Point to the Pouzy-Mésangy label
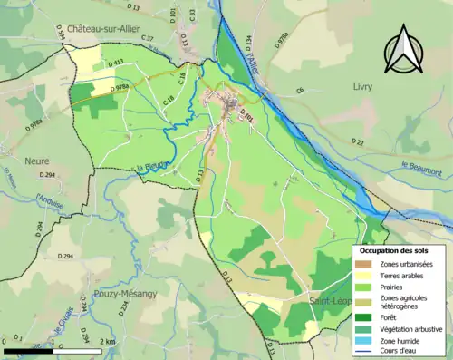click(124, 294)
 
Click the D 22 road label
click(359, 141)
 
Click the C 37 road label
click(148, 39)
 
